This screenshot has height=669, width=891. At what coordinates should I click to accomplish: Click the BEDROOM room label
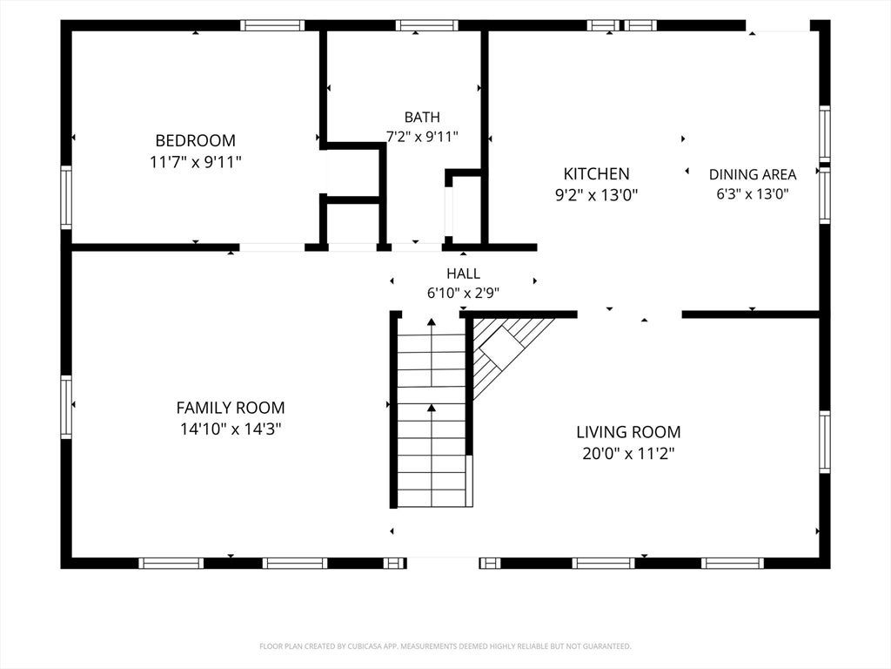196,140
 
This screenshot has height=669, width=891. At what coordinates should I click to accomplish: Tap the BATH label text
422,118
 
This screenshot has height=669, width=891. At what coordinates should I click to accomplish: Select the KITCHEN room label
597,173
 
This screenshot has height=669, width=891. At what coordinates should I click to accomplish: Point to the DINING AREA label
753,174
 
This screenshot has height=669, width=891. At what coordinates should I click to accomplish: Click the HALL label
463,274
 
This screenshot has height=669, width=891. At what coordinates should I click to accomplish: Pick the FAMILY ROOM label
231,408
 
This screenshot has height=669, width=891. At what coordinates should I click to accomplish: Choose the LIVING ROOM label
628,432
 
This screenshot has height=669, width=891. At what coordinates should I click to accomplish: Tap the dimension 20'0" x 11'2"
628,454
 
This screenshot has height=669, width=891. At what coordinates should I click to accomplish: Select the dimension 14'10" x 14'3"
231,429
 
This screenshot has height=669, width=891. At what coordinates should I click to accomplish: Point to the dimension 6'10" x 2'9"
463,294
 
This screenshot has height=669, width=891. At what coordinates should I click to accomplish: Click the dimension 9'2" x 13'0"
597,195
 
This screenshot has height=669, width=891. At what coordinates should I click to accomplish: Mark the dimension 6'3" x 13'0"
753,194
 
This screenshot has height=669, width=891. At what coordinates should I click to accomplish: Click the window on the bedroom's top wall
272,25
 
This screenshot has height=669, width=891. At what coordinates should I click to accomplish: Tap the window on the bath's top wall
426,25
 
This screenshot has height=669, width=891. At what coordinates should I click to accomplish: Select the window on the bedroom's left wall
66,198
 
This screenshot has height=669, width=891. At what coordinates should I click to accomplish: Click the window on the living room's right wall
825,442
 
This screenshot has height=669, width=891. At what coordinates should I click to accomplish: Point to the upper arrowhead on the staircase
432,322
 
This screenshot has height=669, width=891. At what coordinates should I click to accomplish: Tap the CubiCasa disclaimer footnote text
445,646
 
